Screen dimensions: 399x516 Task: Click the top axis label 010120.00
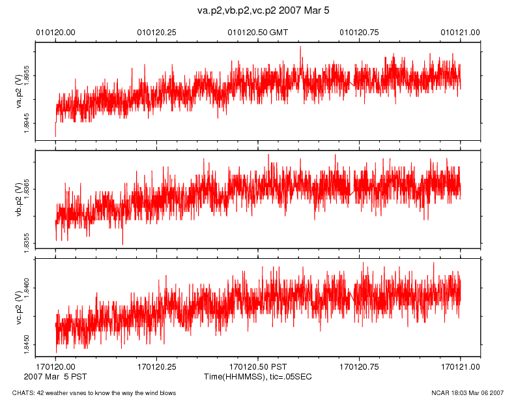point(55,31)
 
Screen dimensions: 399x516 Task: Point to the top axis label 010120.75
point(360,31)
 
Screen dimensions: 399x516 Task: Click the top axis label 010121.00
point(461,31)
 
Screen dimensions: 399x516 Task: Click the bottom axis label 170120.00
point(55,367)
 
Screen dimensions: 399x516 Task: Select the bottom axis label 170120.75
point(360,367)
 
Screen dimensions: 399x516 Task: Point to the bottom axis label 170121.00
point(461,367)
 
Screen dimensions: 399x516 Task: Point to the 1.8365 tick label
point(27,189)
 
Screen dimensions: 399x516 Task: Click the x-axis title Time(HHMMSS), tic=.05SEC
point(257,377)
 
